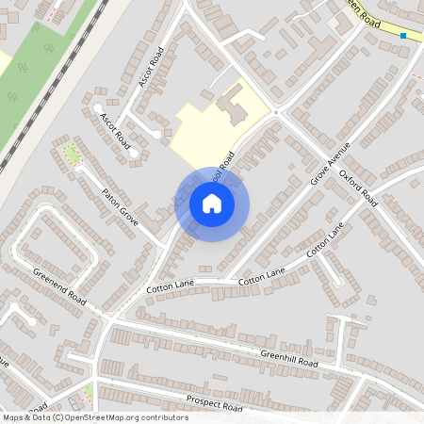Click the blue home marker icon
click(x=212, y=204)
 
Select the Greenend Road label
click(x=59, y=287)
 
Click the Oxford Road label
click(x=358, y=188)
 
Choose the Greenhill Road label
click(x=289, y=359)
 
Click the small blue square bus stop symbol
click(x=403, y=36)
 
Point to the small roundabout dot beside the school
click(x=276, y=112)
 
